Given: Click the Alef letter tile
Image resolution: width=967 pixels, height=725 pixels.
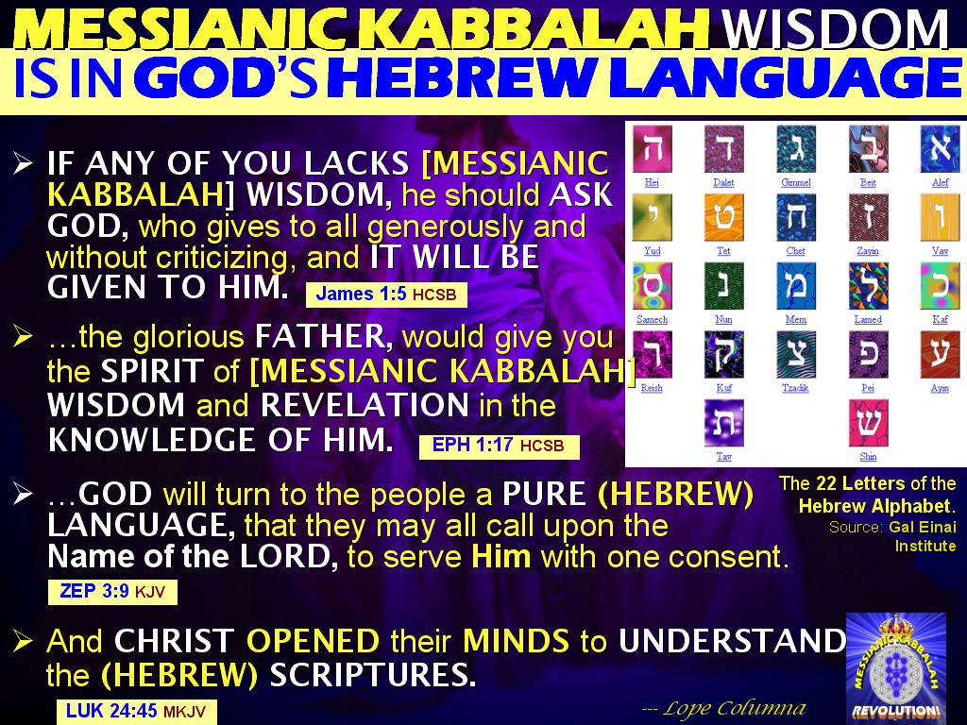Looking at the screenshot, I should tap(941, 148).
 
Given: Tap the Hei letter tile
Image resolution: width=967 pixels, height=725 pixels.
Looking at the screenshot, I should tap(652, 148).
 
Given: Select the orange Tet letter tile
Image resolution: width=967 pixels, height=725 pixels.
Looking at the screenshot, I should tap(724, 217).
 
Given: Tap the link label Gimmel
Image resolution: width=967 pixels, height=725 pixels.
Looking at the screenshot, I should tap(796, 182).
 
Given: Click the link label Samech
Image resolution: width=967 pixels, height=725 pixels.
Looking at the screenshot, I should tap(652, 320).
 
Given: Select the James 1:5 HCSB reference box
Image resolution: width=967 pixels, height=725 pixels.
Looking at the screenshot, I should tap(386, 295).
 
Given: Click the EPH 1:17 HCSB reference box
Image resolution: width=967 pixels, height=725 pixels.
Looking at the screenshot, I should tap(499, 446).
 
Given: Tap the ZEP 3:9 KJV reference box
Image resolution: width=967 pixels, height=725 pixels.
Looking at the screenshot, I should tap(112, 592).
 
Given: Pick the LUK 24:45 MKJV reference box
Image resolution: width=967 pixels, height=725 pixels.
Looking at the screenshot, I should tap(136, 711).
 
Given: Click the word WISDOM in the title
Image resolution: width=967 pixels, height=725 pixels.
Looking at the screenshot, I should tap(835, 28).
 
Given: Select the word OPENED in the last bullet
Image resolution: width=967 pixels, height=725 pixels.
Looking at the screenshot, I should tap(313, 642).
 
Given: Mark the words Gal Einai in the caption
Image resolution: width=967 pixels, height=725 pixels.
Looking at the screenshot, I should tap(920, 527).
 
